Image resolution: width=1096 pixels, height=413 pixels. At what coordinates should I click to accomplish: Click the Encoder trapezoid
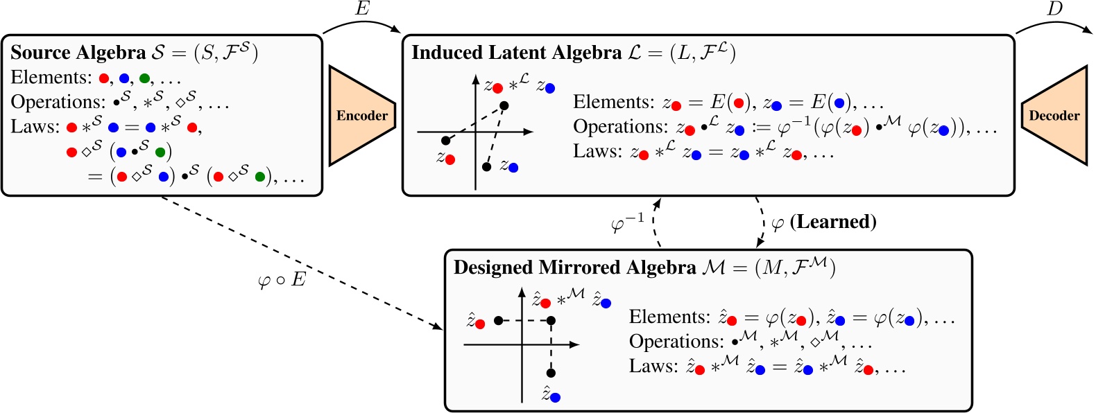click(x=361, y=116)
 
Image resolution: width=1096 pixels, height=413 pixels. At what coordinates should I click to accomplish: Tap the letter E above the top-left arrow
click(x=362, y=9)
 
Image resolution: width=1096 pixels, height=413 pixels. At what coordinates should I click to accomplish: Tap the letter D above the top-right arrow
click(x=1054, y=9)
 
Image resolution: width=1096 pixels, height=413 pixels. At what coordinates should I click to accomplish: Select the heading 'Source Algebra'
click(x=78, y=53)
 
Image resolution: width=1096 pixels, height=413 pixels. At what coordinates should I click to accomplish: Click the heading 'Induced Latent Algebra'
click(x=516, y=53)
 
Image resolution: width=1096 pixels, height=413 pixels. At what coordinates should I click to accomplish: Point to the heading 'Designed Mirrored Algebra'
click(x=574, y=267)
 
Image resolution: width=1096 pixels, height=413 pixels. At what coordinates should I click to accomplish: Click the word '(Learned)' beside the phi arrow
click(x=832, y=222)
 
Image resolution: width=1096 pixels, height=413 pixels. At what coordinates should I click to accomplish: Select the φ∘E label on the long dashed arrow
click(x=281, y=280)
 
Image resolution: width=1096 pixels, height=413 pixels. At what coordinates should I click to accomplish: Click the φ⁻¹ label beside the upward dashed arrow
click(x=628, y=223)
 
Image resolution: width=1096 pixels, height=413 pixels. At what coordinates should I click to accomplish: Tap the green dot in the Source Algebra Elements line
click(x=144, y=78)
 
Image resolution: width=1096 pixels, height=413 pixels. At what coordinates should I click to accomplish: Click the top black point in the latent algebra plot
click(x=504, y=105)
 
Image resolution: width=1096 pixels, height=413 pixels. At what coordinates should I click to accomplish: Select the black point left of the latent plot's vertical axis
click(x=445, y=141)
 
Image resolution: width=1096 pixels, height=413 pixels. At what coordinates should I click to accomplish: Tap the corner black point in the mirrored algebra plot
click(x=551, y=320)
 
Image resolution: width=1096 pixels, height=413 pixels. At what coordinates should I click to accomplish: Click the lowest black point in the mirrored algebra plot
click(x=551, y=373)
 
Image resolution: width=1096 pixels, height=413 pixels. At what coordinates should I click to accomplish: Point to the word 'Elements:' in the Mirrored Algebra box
click(x=669, y=317)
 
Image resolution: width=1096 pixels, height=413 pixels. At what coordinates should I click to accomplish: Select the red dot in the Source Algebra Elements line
click(x=104, y=78)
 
